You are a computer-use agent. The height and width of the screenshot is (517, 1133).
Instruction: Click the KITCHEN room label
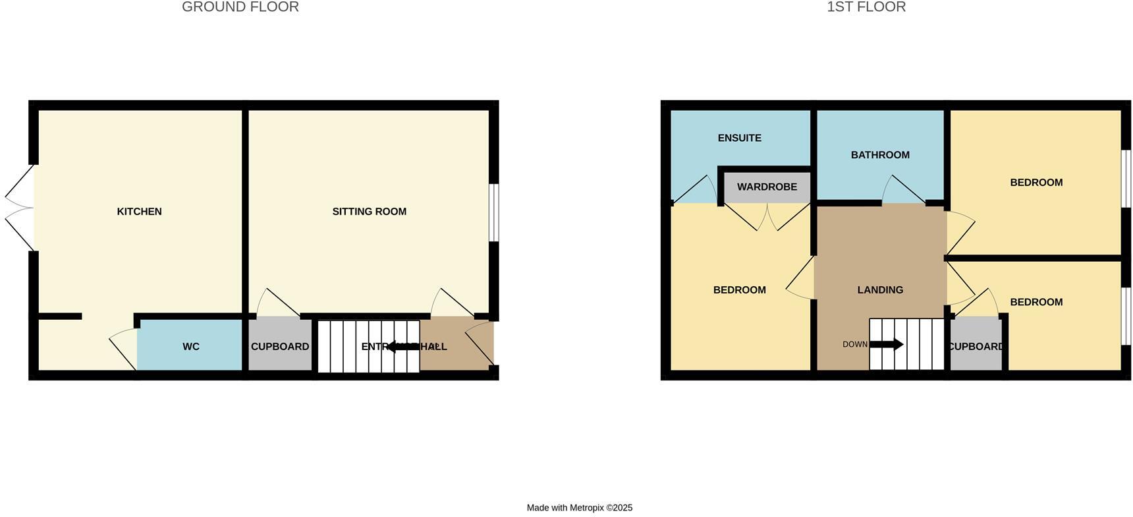pos(139,212)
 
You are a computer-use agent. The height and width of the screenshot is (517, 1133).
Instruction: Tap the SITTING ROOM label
pos(369,212)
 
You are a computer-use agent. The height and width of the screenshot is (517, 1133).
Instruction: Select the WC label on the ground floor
pos(191,347)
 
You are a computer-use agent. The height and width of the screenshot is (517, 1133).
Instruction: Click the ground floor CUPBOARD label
pos(280,347)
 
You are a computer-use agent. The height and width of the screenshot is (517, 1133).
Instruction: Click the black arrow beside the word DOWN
pos(886,344)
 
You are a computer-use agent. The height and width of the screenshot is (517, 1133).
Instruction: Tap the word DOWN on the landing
pos(855,344)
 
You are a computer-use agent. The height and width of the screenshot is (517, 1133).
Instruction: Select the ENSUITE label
pos(740,138)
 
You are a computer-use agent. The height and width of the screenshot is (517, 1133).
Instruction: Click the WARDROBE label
pos(767,187)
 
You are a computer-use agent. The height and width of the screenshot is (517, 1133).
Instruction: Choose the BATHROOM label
pos(880,155)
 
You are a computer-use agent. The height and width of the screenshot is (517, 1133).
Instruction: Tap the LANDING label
pos(880,289)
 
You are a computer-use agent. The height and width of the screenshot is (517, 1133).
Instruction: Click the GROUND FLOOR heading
pos(240,7)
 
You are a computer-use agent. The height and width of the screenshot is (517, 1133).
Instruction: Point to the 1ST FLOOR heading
pos(866,7)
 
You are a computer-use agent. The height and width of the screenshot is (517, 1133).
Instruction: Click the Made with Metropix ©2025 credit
pos(580,508)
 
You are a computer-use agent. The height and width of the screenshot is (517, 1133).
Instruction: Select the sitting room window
pos(494,212)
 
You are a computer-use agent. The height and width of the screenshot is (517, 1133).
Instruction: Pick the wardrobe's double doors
pos(767,216)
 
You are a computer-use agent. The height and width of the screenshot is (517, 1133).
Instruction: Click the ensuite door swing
pos(695,191)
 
